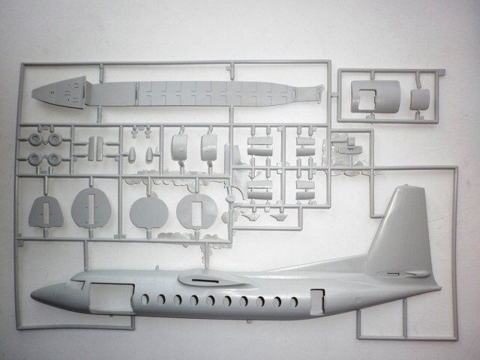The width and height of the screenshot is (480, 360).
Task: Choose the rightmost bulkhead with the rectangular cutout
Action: pos(196,214)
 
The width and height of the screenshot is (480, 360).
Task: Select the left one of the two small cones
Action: pos(131,154)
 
